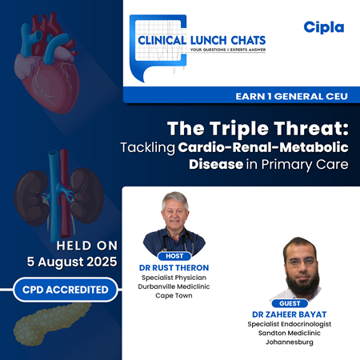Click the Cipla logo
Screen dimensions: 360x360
click(x=323, y=27)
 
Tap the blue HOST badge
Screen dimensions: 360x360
click(x=174, y=256)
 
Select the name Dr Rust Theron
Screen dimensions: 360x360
click(x=174, y=267)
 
